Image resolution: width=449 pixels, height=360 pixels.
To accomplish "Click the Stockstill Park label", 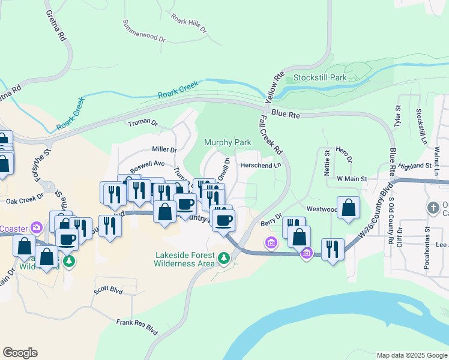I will coord(320,78).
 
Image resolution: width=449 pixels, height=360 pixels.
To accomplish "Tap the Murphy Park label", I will coord(227,142).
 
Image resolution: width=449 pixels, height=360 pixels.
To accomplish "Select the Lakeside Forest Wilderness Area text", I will coord(184,259).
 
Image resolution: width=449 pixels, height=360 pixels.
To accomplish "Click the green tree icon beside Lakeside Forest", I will coord(224,258).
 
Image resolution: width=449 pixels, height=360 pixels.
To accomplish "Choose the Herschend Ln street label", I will coord(261,165).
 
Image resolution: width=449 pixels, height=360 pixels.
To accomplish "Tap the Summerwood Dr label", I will coord(143,31).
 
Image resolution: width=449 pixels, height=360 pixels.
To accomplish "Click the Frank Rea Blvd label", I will coord(137,326).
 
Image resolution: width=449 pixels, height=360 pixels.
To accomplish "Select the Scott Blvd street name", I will coord(108,291).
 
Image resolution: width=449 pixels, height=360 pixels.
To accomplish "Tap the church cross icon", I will coord(433,208).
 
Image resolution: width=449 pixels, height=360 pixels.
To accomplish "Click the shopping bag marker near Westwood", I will coord(348,208).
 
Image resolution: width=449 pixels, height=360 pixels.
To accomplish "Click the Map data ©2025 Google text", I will coord(411,355).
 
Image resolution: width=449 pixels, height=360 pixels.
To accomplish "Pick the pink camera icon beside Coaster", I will coord(37,227).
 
